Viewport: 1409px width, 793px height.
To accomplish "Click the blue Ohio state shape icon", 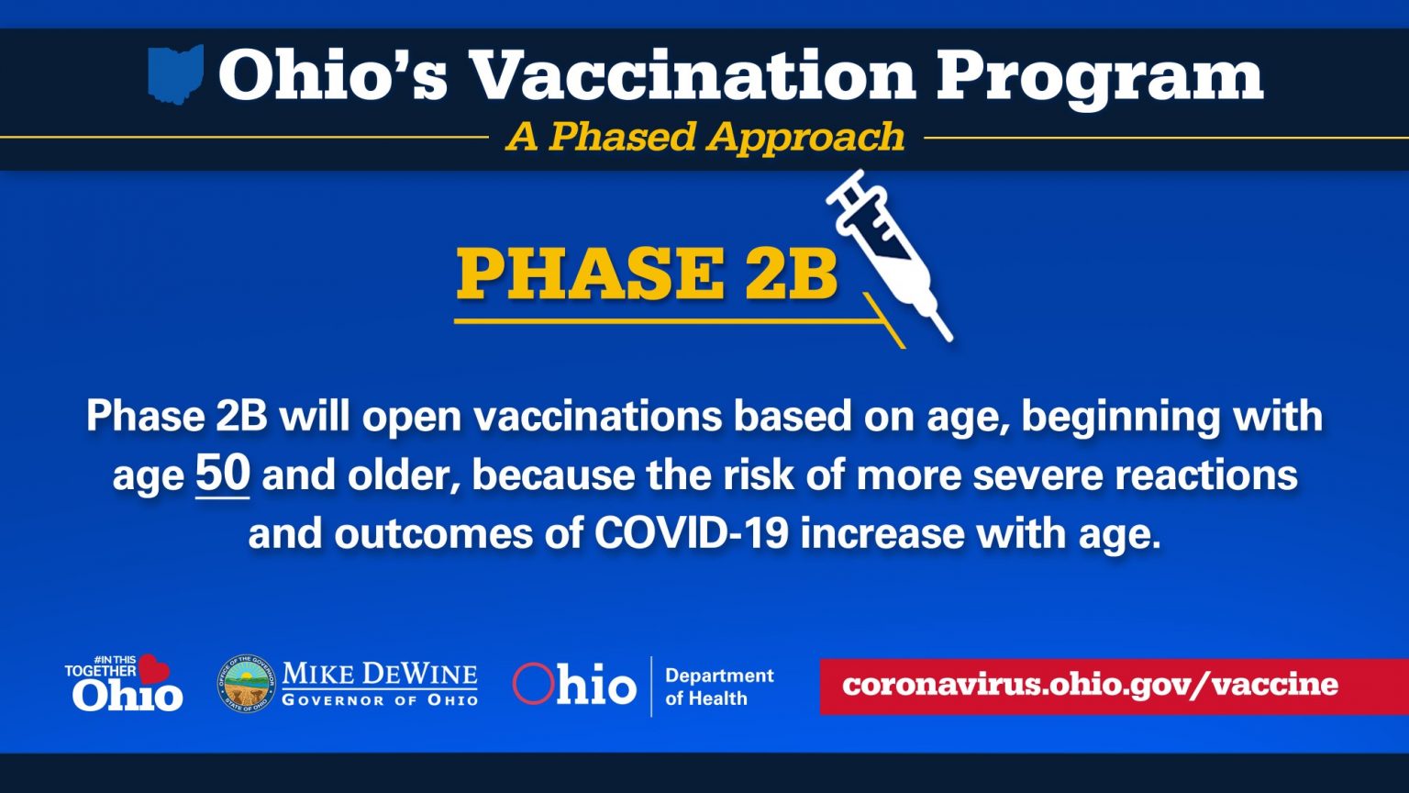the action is pyautogui.click(x=175, y=74).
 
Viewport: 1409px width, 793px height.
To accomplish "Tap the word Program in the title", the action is pyautogui.click(x=1100, y=79).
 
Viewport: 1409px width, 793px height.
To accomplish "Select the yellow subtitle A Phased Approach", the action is pyautogui.click(x=705, y=137).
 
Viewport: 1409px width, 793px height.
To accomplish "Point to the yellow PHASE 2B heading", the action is pyautogui.click(x=647, y=274).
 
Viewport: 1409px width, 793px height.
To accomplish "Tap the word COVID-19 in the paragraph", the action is pyautogui.click(x=691, y=533).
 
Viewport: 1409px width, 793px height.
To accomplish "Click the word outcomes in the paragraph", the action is pyautogui.click(x=434, y=533).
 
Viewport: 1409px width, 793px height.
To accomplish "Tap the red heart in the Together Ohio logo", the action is pyautogui.click(x=153, y=668).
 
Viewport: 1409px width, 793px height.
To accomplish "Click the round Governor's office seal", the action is pyautogui.click(x=247, y=684).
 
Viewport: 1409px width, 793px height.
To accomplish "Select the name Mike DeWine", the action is pyautogui.click(x=380, y=674).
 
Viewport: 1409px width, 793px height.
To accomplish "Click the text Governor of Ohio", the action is pyautogui.click(x=380, y=700).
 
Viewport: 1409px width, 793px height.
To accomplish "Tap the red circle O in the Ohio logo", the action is pyautogui.click(x=533, y=684).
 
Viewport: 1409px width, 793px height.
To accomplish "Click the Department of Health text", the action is pyautogui.click(x=719, y=687).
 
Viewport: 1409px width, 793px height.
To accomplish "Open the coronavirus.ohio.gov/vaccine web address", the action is pyautogui.click(x=1090, y=685).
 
